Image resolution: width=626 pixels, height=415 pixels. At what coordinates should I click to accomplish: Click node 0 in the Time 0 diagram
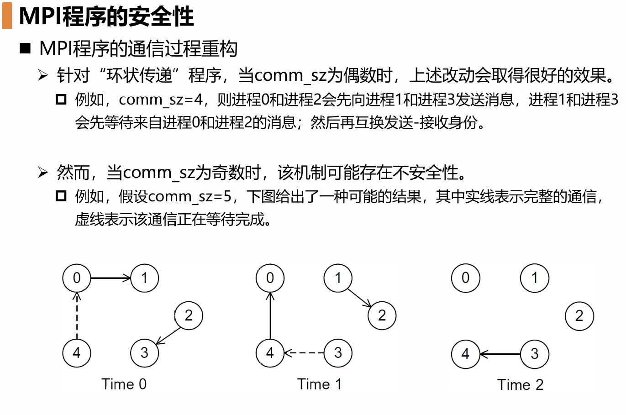pos(77,278)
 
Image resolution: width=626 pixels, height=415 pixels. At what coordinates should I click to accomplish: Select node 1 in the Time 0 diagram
pos(144,278)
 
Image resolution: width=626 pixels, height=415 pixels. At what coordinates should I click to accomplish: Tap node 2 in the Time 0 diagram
pos(188,315)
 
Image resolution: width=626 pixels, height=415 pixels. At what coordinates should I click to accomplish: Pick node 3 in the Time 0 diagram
pos(144,352)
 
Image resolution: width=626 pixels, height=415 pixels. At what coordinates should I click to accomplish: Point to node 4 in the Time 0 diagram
pos(77,352)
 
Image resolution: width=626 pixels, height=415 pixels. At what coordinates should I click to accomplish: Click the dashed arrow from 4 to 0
pos(77,316)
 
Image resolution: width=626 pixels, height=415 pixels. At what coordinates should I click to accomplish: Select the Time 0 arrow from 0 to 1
pos(111,278)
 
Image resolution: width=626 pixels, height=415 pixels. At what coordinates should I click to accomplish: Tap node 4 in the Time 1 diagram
pos(270,352)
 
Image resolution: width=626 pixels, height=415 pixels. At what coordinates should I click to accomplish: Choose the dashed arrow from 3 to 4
pos(304,352)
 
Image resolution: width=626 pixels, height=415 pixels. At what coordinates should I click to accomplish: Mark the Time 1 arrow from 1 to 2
pos(359,298)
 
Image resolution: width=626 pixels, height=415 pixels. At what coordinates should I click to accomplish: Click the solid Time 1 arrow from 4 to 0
pos(270,316)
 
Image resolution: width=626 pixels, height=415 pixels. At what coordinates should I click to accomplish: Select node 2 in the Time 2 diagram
pos(579,316)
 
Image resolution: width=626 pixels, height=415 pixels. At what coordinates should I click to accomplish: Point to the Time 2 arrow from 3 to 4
pos(500,354)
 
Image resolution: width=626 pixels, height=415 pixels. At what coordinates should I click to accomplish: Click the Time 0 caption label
pos(124,384)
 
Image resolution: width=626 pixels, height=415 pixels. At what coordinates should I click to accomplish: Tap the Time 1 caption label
pos(319,384)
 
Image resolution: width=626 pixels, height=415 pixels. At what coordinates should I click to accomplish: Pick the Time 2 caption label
pos(520,385)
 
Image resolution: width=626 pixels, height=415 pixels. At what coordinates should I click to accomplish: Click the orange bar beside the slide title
pos(7,16)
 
